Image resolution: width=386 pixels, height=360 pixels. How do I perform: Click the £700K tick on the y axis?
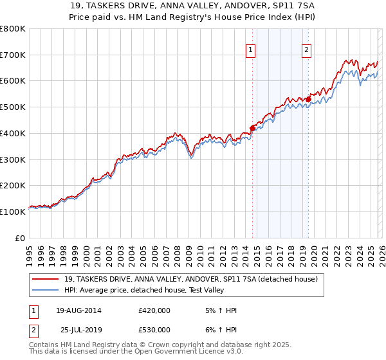click(x=13, y=55)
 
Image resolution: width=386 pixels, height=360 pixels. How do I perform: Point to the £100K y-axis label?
click(x=13, y=212)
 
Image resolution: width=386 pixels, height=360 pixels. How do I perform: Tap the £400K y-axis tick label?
click(x=13, y=133)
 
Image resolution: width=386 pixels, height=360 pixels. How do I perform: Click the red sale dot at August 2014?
click(x=252, y=128)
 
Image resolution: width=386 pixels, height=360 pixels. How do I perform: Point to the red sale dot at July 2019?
click(x=308, y=99)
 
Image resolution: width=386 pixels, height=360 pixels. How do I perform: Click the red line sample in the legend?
click(x=46, y=280)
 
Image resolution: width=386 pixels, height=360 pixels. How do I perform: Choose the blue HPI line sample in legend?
click(x=46, y=290)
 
